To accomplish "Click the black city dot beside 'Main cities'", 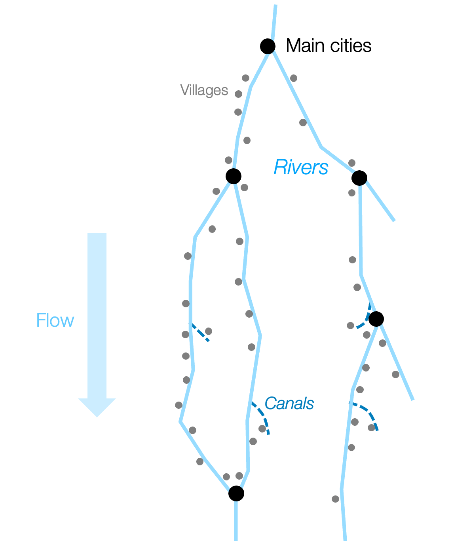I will pos(268,46).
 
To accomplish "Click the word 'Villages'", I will pos(204,90).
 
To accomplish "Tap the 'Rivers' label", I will pos(301,167).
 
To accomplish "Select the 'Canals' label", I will pos(289,404).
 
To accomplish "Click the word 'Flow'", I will pos(55,320).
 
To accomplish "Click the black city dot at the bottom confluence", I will pos(236,493).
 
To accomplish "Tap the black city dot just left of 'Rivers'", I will pos(234,176).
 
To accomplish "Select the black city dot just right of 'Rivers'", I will pos(359,178).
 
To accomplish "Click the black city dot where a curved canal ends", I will pos(376,318).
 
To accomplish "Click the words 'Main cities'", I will pos(329,46).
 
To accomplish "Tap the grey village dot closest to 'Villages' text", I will pos(238,94).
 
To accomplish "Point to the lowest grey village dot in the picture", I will pos(335,499).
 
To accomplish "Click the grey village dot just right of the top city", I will pos(293,78).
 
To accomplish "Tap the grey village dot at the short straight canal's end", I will pos(209,331).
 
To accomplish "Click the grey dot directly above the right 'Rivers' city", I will pos(352,163).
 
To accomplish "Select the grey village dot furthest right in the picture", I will pos(395,374).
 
